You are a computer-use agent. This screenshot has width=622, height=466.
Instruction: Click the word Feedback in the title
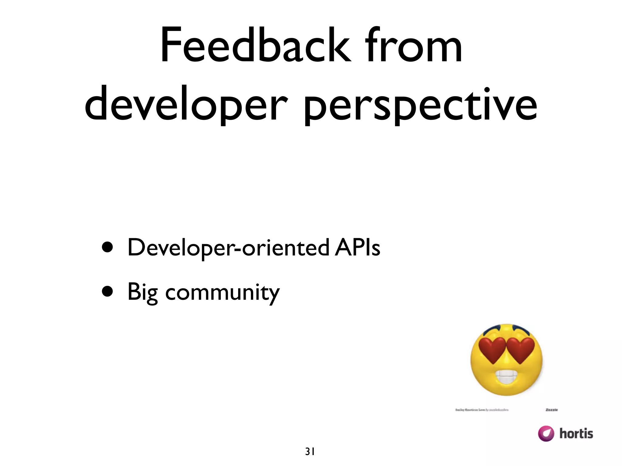(255, 46)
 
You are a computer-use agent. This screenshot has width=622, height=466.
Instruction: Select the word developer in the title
(186, 105)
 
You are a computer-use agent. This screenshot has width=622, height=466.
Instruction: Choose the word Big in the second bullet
(142, 292)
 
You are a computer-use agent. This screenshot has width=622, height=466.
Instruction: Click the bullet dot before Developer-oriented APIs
(108, 247)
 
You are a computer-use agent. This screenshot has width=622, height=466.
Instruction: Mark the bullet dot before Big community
(108, 292)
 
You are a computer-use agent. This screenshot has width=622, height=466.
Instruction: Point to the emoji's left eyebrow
(492, 329)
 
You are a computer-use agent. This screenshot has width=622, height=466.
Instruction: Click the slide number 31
(310, 452)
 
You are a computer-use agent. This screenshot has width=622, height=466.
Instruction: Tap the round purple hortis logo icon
(546, 434)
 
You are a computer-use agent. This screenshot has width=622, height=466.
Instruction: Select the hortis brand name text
(576, 434)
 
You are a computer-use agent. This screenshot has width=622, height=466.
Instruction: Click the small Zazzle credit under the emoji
(552, 410)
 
